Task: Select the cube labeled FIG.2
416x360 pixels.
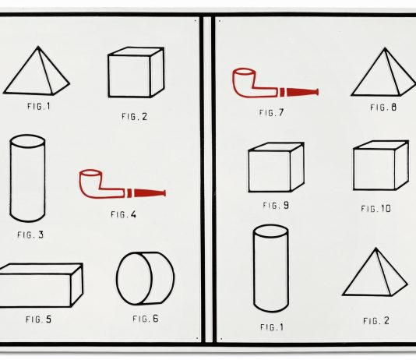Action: coord(135,72)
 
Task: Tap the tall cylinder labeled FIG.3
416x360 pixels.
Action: coord(27,178)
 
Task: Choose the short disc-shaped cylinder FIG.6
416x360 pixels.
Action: coord(144,277)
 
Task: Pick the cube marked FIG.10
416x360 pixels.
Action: coord(380,165)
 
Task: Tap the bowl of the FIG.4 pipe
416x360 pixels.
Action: coord(92,182)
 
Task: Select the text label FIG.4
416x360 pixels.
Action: coord(123,214)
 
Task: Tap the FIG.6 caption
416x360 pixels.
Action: coord(146,318)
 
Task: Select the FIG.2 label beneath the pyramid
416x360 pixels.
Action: coord(376,320)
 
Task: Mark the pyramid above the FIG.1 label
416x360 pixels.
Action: coord(36,72)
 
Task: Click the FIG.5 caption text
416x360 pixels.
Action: coord(38,319)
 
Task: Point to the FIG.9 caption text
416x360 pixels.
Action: coord(276,206)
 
